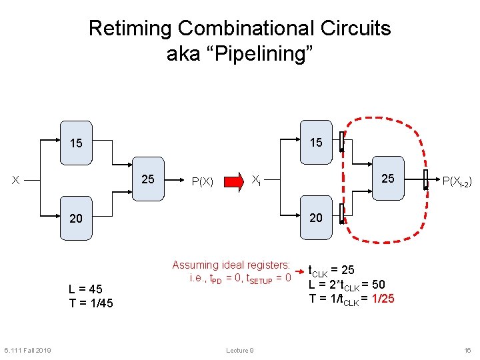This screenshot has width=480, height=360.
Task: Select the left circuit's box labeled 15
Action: point(77,143)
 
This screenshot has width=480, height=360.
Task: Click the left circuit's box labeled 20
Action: point(77,218)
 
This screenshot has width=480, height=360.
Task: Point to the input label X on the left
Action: point(15,180)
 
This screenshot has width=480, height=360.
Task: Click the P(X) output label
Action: point(201,181)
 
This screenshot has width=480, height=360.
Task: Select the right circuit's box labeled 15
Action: point(316,142)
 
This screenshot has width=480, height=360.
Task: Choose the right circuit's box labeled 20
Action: point(316,217)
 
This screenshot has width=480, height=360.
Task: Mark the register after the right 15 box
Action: point(341,142)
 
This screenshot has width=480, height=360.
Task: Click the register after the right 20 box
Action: point(341,215)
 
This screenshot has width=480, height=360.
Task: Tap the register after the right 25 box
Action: point(427,179)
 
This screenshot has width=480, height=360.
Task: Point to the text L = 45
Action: point(85,289)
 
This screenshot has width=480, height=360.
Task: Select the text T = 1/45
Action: point(91,303)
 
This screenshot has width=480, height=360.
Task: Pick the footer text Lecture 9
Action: point(239,351)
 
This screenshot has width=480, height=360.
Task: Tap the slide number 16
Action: point(467,351)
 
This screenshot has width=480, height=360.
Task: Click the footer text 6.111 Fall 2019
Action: point(27,351)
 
